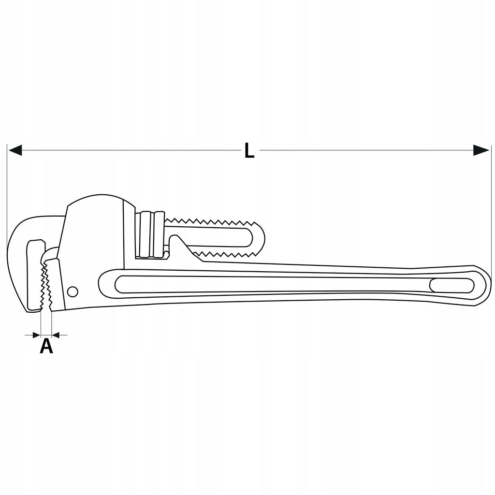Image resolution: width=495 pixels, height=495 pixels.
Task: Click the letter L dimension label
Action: (249, 150)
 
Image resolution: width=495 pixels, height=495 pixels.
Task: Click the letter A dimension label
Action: (46, 346)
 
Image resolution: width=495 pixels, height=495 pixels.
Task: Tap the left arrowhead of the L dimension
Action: (15, 150)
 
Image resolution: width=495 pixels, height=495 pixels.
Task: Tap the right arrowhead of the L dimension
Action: (481, 150)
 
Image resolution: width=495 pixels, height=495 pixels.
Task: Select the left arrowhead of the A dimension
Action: (37, 335)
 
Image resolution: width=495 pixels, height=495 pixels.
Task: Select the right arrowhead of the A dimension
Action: (56, 335)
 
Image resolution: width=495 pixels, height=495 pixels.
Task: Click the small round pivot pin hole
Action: (73, 291)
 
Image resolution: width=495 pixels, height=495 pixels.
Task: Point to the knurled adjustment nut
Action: (150, 234)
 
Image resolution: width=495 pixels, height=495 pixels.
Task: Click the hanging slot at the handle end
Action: (452, 285)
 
